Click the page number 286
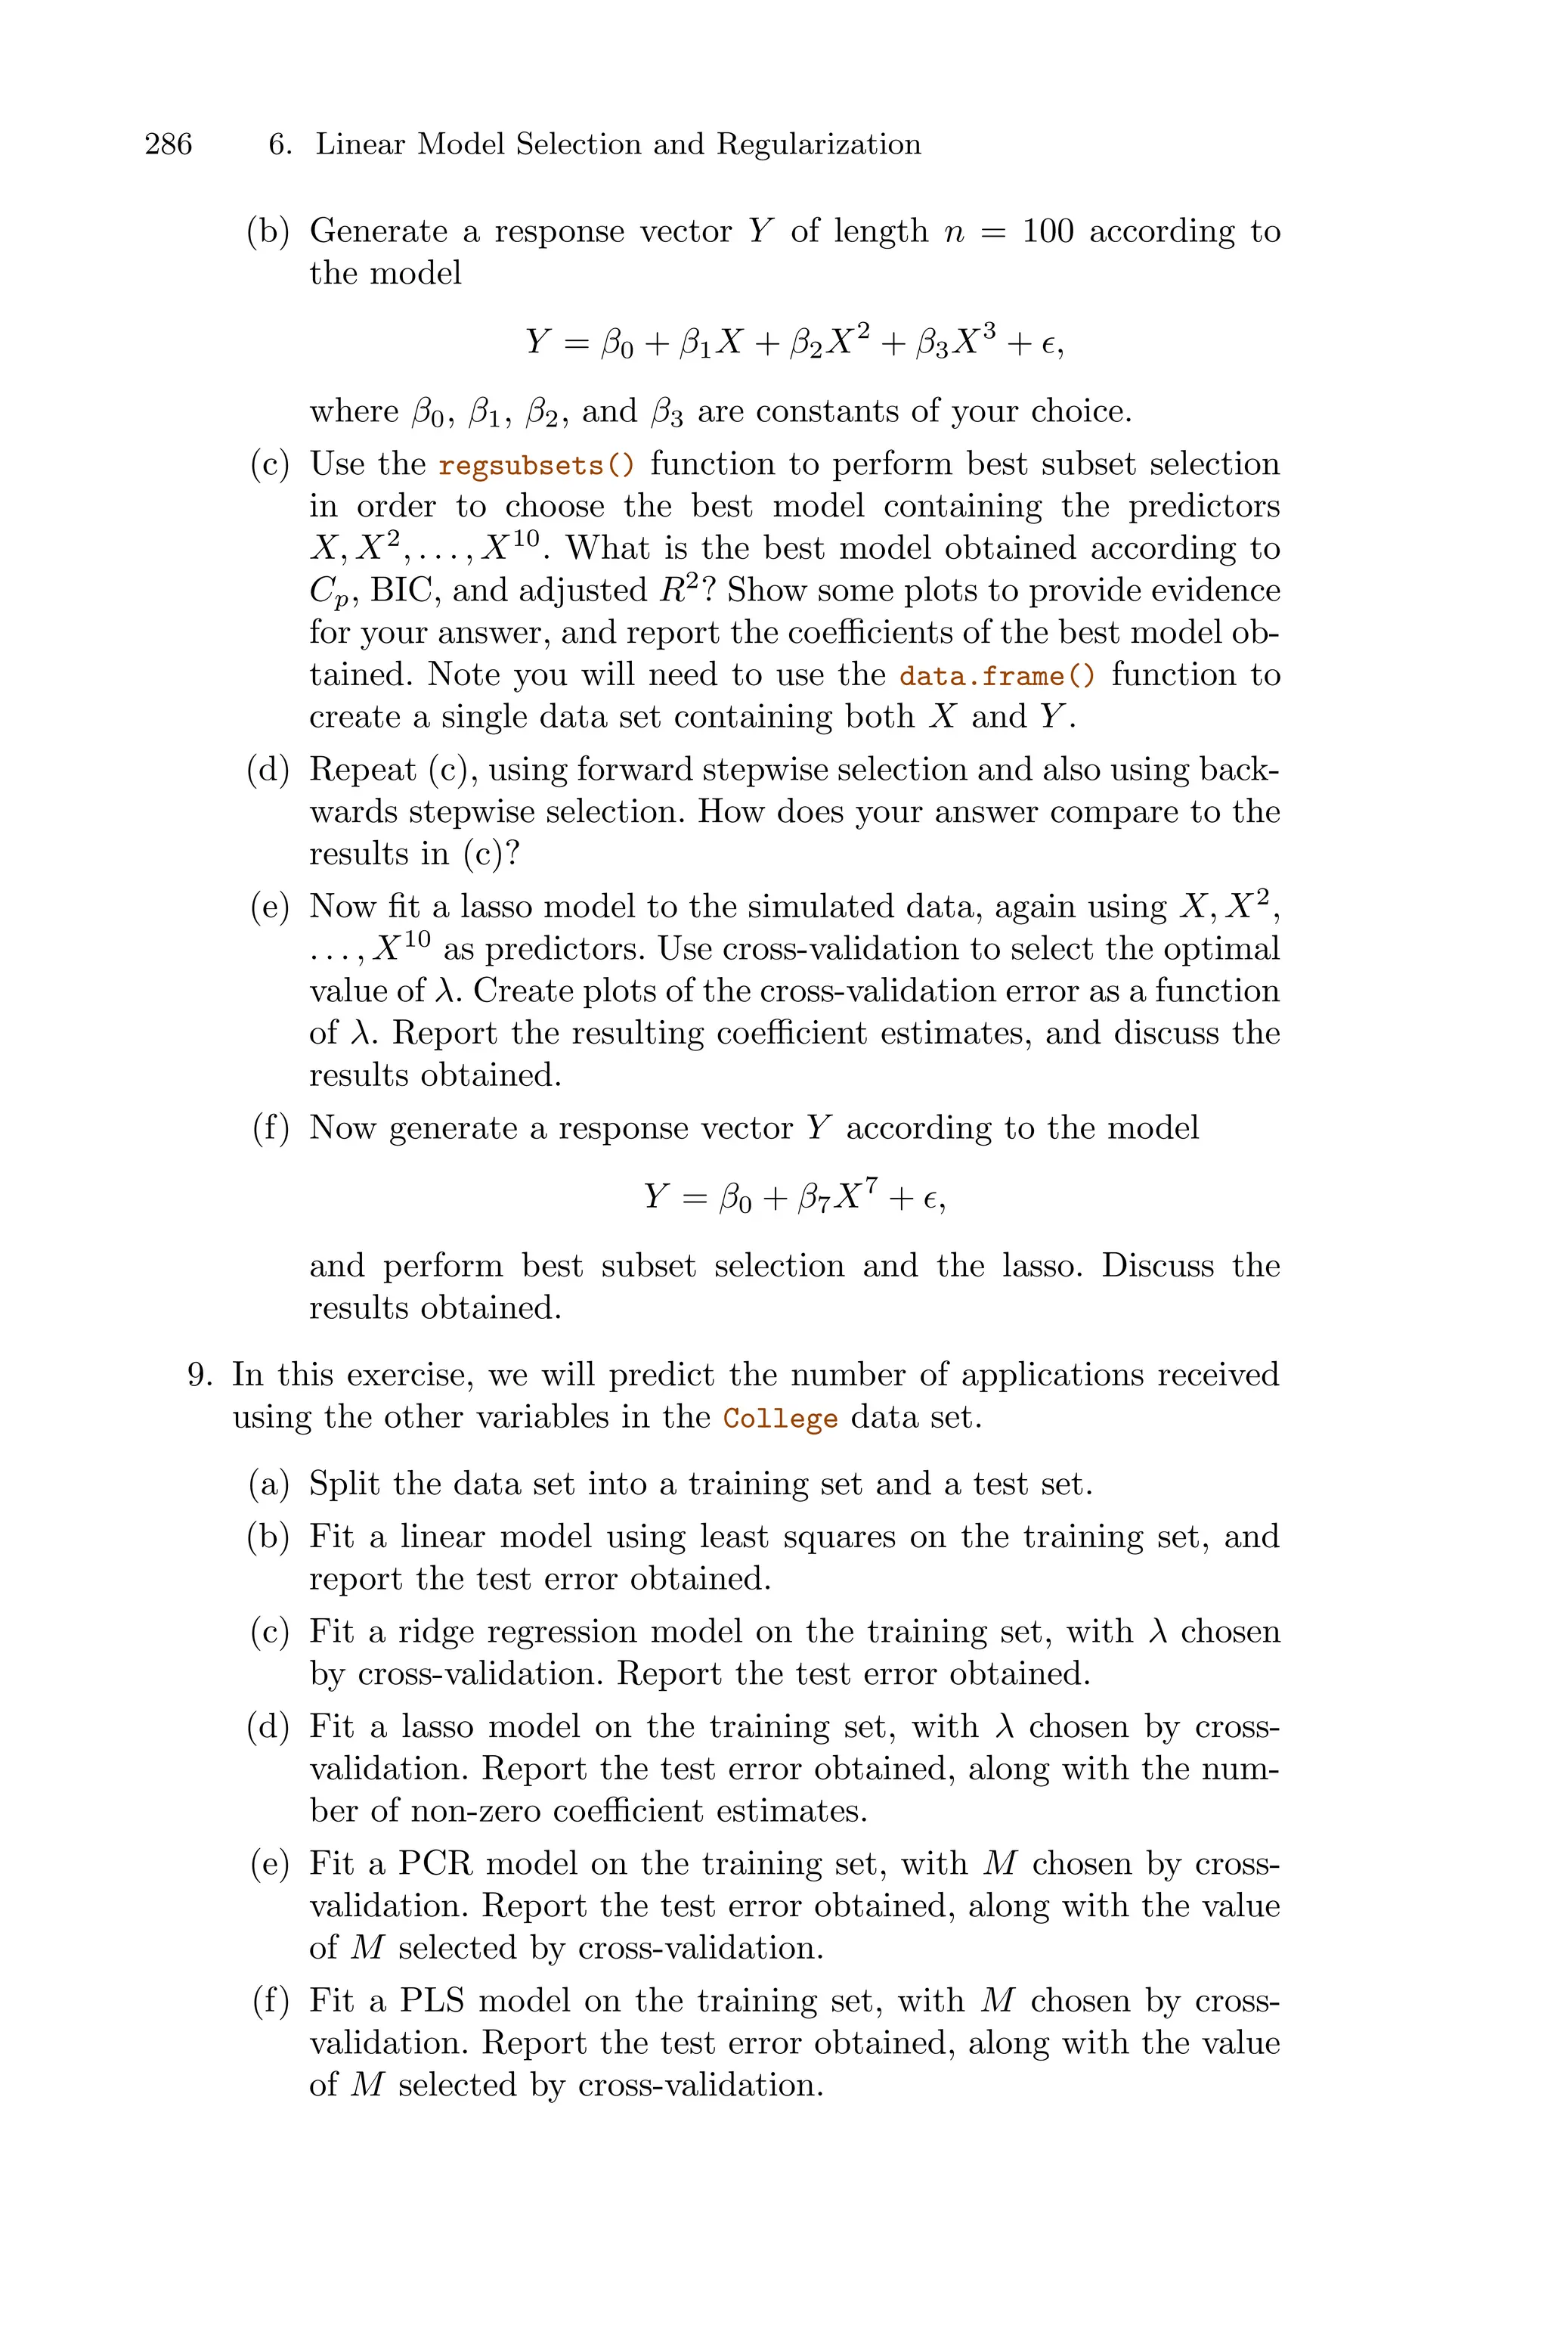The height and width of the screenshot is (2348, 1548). coord(168,145)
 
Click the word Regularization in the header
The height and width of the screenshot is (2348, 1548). coord(819,145)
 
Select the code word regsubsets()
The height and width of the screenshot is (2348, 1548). coord(536,465)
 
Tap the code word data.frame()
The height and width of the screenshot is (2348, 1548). coord(997,676)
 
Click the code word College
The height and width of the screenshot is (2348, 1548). coord(780,1419)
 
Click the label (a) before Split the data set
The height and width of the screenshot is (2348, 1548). coord(268,1484)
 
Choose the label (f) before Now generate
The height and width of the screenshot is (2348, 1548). coord(271,1127)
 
